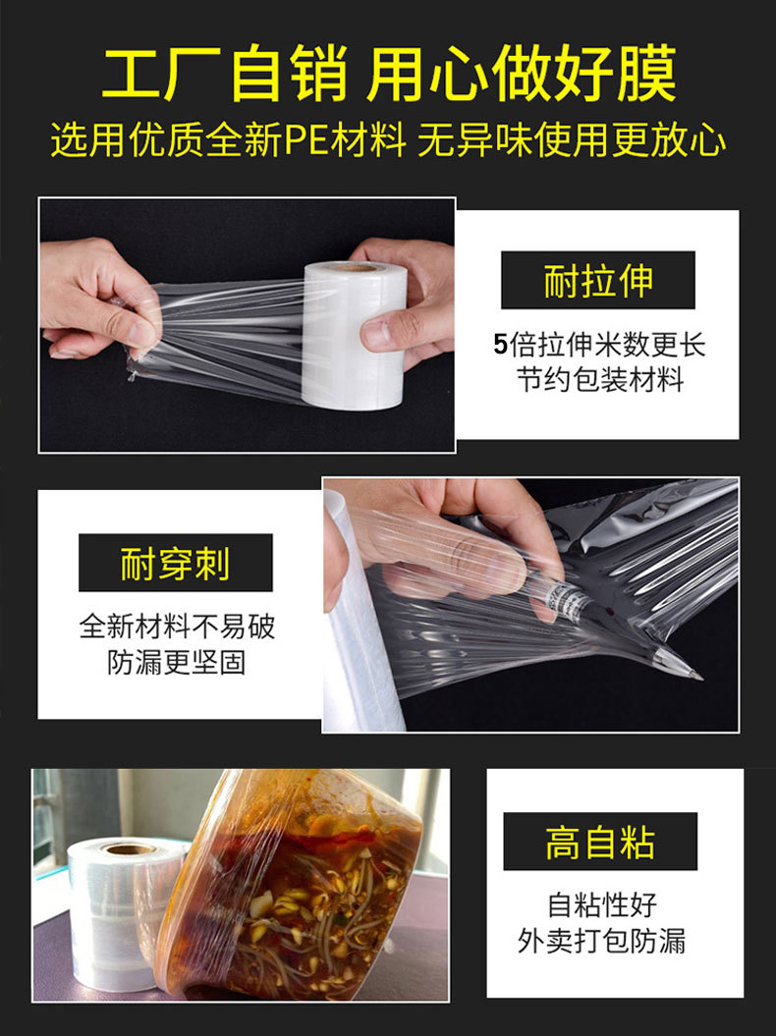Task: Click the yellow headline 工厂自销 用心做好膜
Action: (x=388, y=74)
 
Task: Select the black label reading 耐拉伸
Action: (x=597, y=281)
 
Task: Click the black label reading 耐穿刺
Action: (x=175, y=563)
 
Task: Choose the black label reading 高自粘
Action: (x=599, y=842)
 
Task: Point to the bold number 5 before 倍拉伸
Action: (x=501, y=345)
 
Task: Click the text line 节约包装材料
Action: (x=599, y=380)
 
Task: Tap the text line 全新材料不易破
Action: (x=177, y=627)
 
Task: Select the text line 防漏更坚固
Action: (x=177, y=662)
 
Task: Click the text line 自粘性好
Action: (x=601, y=904)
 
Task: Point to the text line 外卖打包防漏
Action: (x=601, y=941)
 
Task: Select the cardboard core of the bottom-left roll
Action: (x=131, y=848)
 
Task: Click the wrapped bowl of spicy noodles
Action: (x=295, y=889)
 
